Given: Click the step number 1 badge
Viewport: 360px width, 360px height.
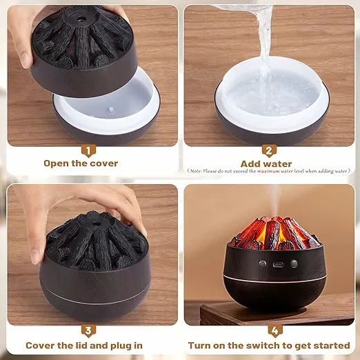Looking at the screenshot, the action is tap(88, 151).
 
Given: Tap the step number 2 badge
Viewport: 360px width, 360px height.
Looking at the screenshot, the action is tap(269, 151).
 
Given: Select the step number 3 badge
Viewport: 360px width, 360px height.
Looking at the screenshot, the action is tap(88, 331).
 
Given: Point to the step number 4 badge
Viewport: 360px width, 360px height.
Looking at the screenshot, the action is tap(275, 331).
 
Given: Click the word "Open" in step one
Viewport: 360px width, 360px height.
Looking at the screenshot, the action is tap(56, 163).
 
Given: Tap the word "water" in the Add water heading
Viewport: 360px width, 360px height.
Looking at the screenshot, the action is tap(278, 164).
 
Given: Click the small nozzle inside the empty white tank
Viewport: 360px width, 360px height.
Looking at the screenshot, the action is tap(111, 110).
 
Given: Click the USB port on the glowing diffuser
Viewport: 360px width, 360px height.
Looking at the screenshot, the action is tap(278, 265).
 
